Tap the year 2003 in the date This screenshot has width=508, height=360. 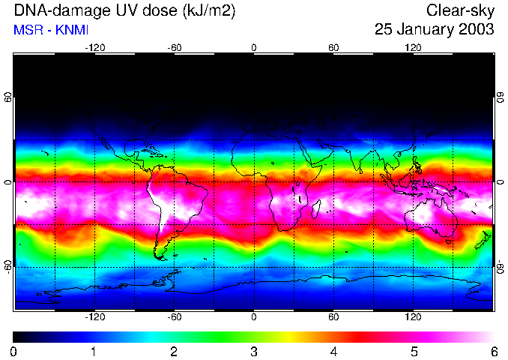477,30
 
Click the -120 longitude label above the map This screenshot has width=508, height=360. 94,48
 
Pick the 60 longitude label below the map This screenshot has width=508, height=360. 333,317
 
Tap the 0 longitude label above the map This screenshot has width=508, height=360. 254,48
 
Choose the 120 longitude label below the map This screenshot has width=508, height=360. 413,317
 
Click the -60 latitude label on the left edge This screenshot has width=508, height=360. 7,266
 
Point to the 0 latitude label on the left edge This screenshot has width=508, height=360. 7,182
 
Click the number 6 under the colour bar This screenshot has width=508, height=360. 494,351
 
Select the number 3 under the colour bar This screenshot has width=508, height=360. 254,351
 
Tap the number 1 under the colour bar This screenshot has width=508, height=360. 94,351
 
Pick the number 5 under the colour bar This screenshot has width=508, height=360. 414,351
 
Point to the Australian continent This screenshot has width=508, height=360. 431,217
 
